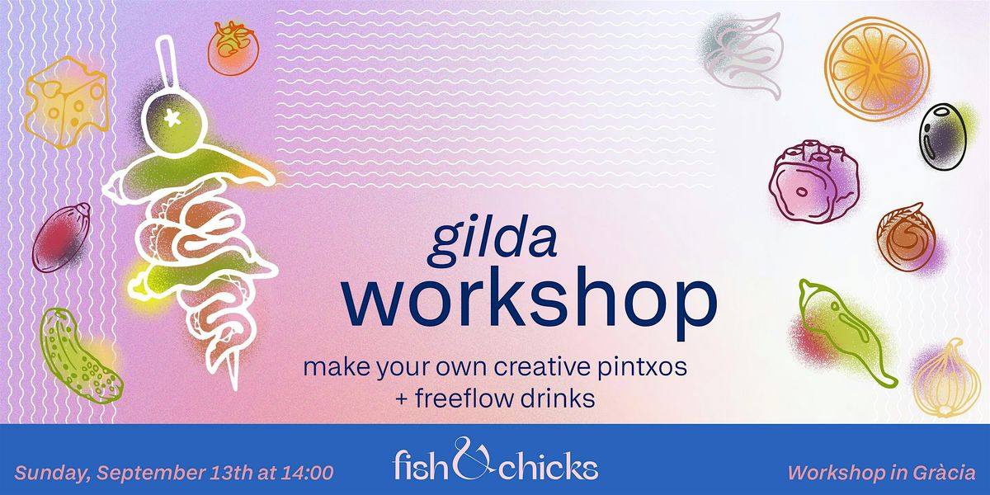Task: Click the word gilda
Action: click(493, 242)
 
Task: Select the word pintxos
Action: click(642, 367)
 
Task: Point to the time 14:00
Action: click(308, 473)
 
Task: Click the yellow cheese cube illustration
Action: click(66, 101)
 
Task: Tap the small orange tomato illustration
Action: click(233, 48)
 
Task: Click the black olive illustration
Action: click(943, 136)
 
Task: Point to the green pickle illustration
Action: click(79, 356)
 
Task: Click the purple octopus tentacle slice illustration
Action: click(814, 182)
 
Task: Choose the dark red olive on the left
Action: click(61, 238)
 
